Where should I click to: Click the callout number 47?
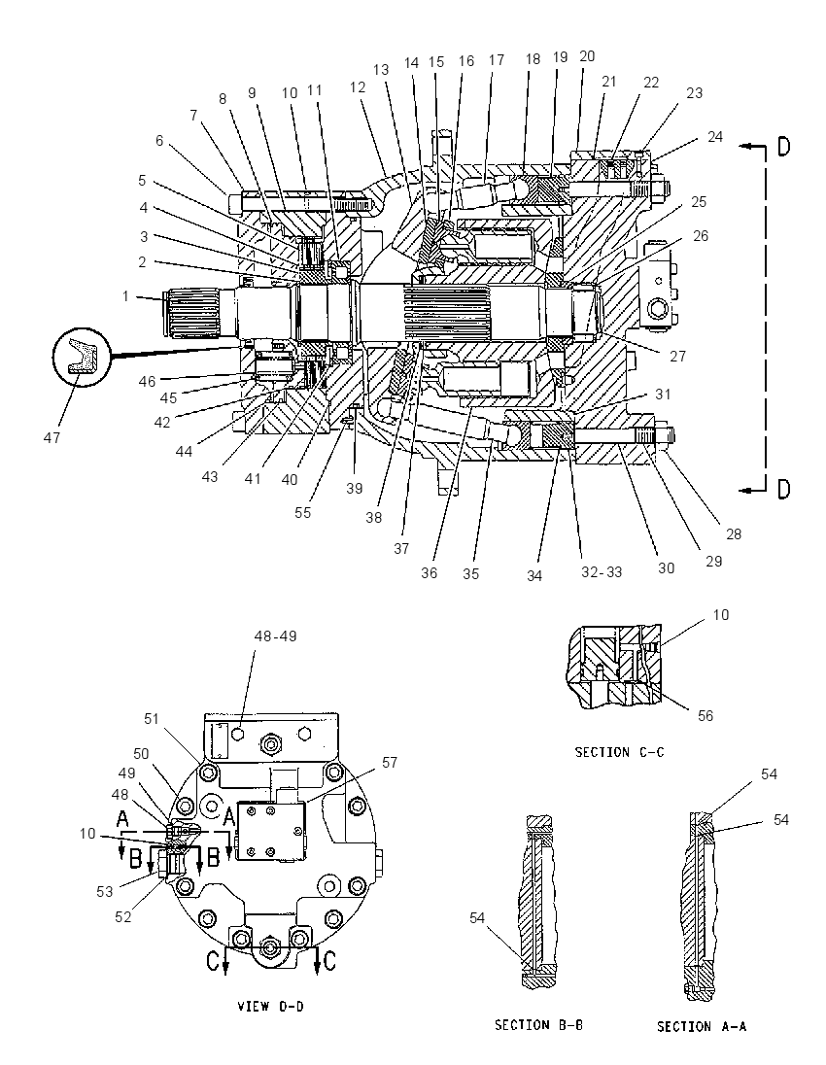(x=52, y=437)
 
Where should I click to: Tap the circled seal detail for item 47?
(x=81, y=358)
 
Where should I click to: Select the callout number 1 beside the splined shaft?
(x=125, y=295)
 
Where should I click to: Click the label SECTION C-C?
(x=620, y=752)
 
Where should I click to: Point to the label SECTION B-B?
(x=538, y=1024)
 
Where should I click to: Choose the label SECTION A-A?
(x=701, y=1026)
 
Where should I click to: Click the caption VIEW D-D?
(x=270, y=1006)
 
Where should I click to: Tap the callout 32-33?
(x=602, y=572)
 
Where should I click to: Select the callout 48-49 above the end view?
(x=275, y=636)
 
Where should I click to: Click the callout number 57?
(x=390, y=763)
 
